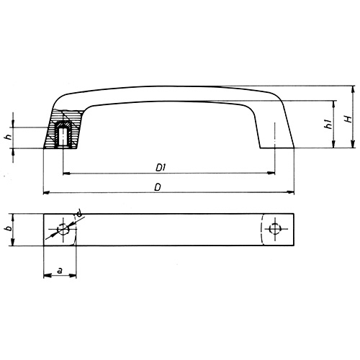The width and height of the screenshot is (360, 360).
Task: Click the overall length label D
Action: tap(157, 187)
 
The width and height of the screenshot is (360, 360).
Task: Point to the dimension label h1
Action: tap(328, 125)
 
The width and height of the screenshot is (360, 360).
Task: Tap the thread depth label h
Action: tap(27, 137)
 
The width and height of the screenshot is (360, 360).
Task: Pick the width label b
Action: tap(27, 229)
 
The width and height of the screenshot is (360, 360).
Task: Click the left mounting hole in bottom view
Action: tap(63, 230)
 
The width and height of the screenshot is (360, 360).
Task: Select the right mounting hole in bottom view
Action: tap(274, 230)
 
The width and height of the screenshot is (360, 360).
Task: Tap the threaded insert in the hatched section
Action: tap(63, 135)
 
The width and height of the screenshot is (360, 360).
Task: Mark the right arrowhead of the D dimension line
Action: tap(292, 193)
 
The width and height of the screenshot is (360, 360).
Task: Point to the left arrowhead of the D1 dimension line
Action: tap(66, 174)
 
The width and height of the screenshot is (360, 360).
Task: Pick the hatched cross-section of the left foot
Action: tap(53, 133)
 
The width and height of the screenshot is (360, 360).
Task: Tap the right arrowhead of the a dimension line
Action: tap(74, 276)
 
